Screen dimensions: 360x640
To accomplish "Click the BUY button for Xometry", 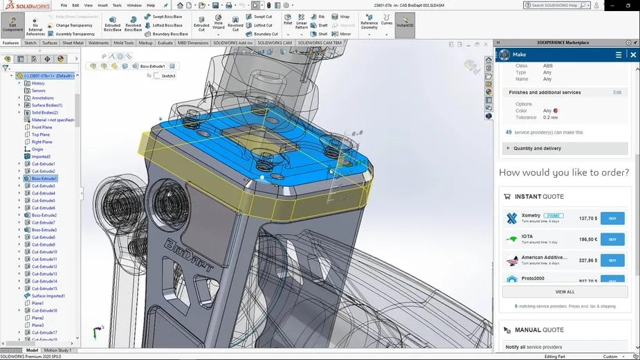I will click(x=612, y=218).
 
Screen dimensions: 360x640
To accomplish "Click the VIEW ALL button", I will click(x=565, y=291).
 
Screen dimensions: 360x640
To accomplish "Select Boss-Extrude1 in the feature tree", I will click(x=44, y=179).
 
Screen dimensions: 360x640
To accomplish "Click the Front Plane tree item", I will click(x=42, y=127).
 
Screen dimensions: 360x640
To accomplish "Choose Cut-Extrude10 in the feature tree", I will click(x=44, y=252).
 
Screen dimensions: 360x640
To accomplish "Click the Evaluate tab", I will click(x=165, y=43).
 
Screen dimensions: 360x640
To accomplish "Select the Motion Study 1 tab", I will click(x=58, y=350).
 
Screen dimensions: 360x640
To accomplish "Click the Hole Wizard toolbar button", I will click(x=218, y=24).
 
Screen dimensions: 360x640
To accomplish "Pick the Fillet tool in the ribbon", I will click(x=288, y=24).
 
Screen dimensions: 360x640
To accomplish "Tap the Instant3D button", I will click(x=405, y=24).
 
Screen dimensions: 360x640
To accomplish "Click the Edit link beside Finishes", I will click(x=617, y=92).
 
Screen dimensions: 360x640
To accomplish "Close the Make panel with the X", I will click(x=633, y=55).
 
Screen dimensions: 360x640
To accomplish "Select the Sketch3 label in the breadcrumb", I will click(x=169, y=76).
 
